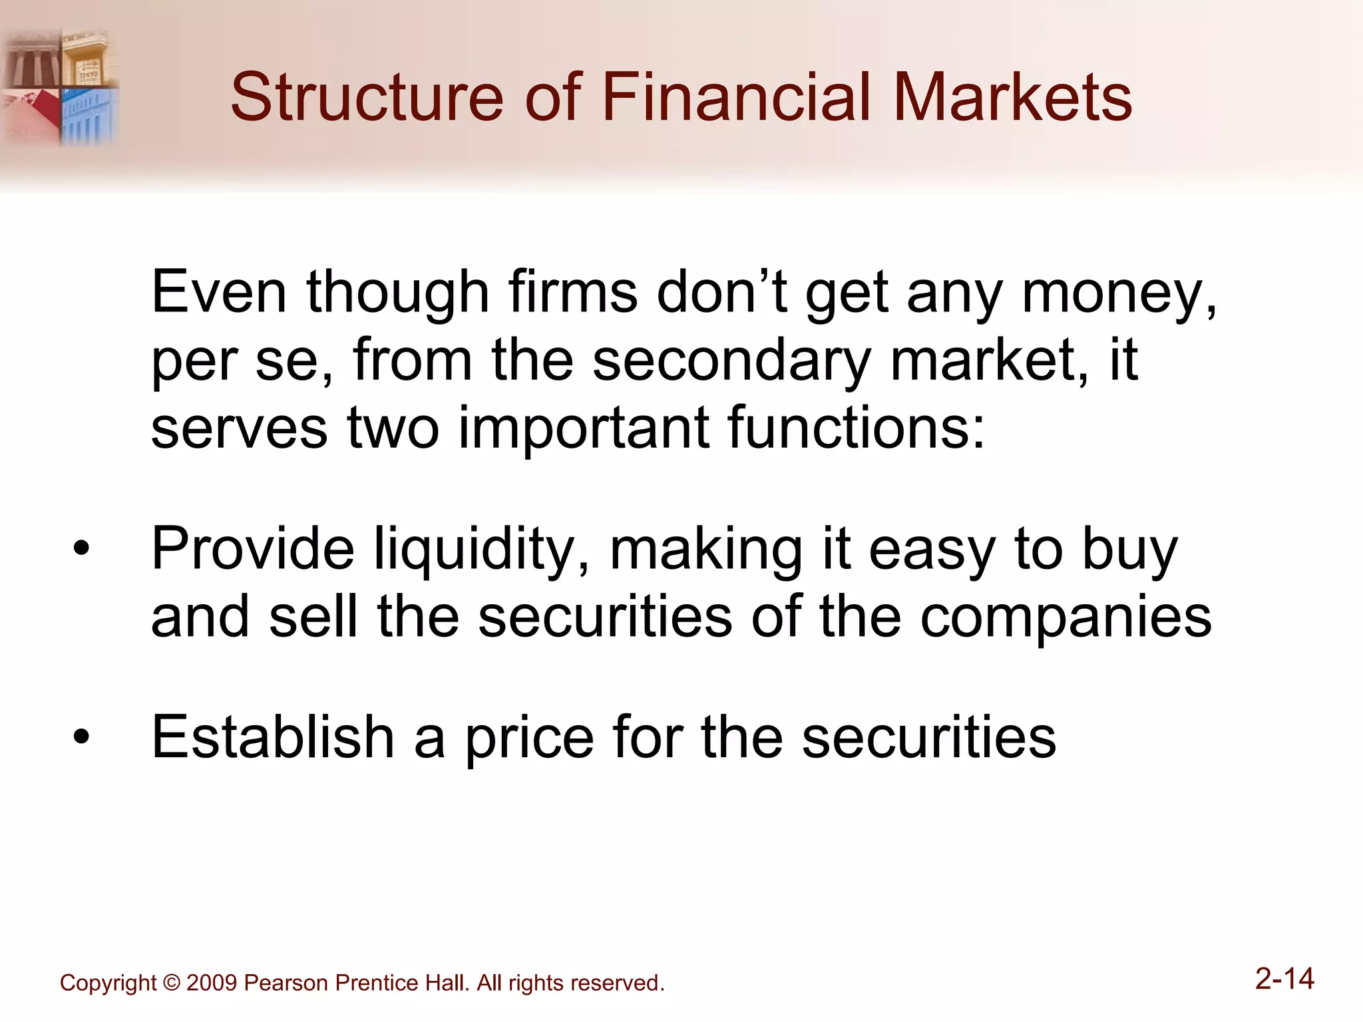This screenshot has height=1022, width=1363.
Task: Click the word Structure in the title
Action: click(367, 98)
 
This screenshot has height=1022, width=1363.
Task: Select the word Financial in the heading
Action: click(736, 98)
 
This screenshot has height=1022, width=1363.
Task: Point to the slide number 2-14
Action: click(1284, 979)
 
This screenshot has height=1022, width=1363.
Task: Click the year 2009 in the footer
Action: click(211, 983)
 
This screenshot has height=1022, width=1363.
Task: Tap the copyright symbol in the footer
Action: click(171, 983)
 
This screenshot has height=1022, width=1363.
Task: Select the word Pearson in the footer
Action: click(286, 983)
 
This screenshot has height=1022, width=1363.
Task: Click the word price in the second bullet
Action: click(529, 739)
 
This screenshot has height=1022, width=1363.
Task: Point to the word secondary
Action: click(731, 361)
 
